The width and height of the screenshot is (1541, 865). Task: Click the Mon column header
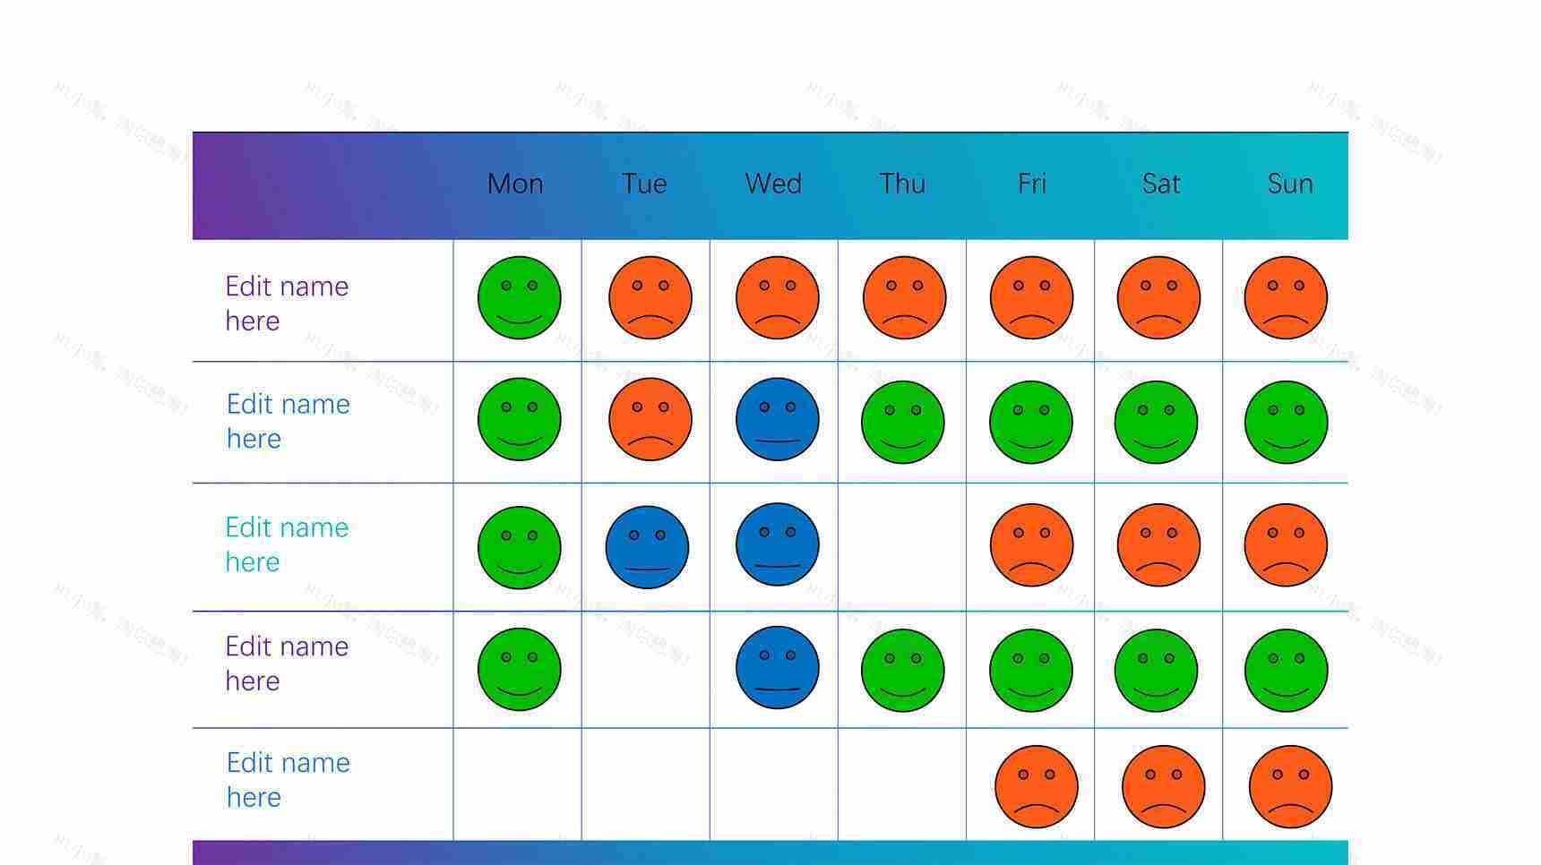pos(515,184)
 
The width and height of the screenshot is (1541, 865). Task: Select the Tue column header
pos(644,184)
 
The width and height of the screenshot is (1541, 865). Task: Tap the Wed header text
pos(773,184)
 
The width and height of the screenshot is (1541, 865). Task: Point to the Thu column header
pos(902,184)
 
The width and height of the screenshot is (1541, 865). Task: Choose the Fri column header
pos(1031,184)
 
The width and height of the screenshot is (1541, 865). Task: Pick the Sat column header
pos(1161,184)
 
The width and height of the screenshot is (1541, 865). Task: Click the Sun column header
pos(1289,184)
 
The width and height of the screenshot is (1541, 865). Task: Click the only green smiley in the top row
pos(519,298)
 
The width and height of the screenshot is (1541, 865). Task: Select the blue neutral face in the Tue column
pos(647,547)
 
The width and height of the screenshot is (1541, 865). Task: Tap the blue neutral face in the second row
pos(777,419)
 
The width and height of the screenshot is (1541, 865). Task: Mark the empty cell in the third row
pos(902,547)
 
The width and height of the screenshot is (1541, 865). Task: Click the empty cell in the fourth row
pos(646,670)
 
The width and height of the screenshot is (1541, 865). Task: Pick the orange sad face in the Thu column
pos(904,298)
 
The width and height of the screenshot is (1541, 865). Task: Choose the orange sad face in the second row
pos(650,419)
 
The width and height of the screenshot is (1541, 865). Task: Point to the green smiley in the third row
pos(519,547)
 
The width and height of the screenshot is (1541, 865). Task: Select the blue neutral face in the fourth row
pos(777,668)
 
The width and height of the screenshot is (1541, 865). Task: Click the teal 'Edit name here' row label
pos(287,544)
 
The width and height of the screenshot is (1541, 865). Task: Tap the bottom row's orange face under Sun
pos(1290,787)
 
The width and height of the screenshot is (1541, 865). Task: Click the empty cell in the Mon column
pos(518,784)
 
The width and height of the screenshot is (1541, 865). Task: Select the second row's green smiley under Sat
pos(1156,422)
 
